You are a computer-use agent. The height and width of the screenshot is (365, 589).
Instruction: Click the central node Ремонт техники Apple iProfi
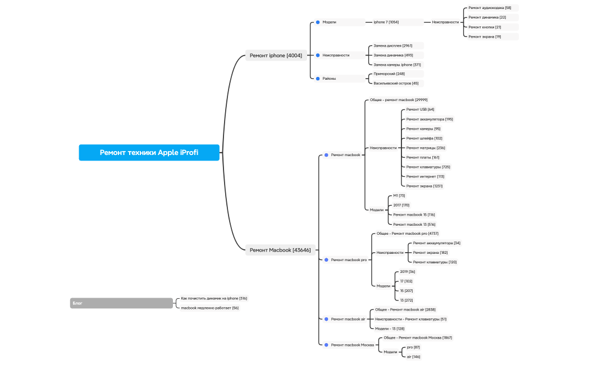click(149, 152)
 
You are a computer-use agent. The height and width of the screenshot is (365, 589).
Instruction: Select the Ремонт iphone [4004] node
click(276, 55)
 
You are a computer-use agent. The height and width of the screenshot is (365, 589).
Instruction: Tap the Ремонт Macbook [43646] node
click(280, 250)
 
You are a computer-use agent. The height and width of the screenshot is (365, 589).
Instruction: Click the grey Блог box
click(121, 303)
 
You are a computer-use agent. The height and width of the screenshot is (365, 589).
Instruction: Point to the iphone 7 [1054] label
click(386, 22)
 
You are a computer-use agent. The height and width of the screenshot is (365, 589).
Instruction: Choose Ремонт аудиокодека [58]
click(490, 8)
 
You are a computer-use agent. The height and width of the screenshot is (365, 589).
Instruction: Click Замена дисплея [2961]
click(393, 45)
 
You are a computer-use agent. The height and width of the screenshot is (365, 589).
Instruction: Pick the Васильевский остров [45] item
click(396, 83)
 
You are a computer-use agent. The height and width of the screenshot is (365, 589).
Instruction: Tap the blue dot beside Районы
click(317, 79)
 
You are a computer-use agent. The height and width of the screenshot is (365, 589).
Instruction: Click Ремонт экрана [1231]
click(424, 186)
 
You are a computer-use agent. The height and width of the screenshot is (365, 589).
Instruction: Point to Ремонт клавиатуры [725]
click(428, 167)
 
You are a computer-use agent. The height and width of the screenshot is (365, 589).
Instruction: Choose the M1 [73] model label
click(399, 195)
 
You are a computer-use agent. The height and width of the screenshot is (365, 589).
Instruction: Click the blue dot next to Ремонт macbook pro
click(326, 260)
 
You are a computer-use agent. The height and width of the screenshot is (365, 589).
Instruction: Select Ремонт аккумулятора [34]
click(436, 243)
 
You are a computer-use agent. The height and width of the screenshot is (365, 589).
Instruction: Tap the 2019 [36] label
click(407, 272)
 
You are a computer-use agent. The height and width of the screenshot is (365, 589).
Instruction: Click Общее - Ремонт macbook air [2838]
click(405, 309)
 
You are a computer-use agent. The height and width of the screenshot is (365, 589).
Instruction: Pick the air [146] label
click(413, 357)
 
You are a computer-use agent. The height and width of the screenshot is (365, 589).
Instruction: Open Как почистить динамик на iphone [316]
click(214, 298)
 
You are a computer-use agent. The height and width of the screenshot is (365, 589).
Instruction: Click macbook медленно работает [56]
click(209, 308)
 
